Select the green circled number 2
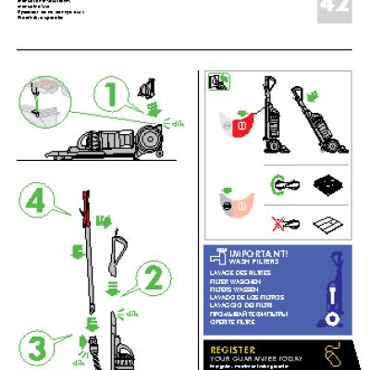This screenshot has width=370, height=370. coord(154,276)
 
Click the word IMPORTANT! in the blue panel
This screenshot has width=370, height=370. coord(263,253)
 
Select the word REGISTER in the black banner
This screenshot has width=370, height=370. coord(239,350)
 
